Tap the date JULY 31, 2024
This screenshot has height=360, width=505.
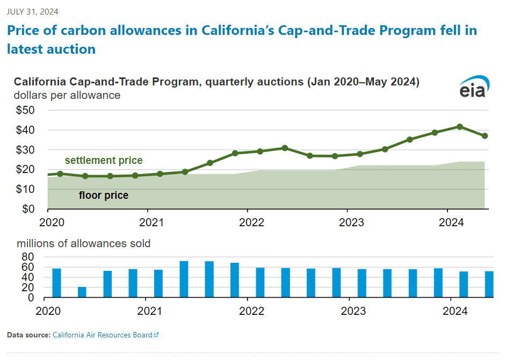click(x=33, y=11)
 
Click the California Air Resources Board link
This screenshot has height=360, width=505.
click(x=103, y=335)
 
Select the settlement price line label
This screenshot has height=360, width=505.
click(x=104, y=160)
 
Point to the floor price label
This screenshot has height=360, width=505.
click(x=104, y=195)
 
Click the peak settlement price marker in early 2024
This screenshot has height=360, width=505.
click(x=460, y=127)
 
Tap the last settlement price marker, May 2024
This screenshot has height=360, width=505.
click(x=485, y=136)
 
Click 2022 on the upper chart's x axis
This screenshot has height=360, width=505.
click(x=248, y=222)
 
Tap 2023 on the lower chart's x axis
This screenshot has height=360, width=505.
click(x=353, y=311)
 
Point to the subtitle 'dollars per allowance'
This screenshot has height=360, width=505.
click(x=67, y=96)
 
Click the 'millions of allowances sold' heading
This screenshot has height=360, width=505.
click(x=84, y=243)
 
